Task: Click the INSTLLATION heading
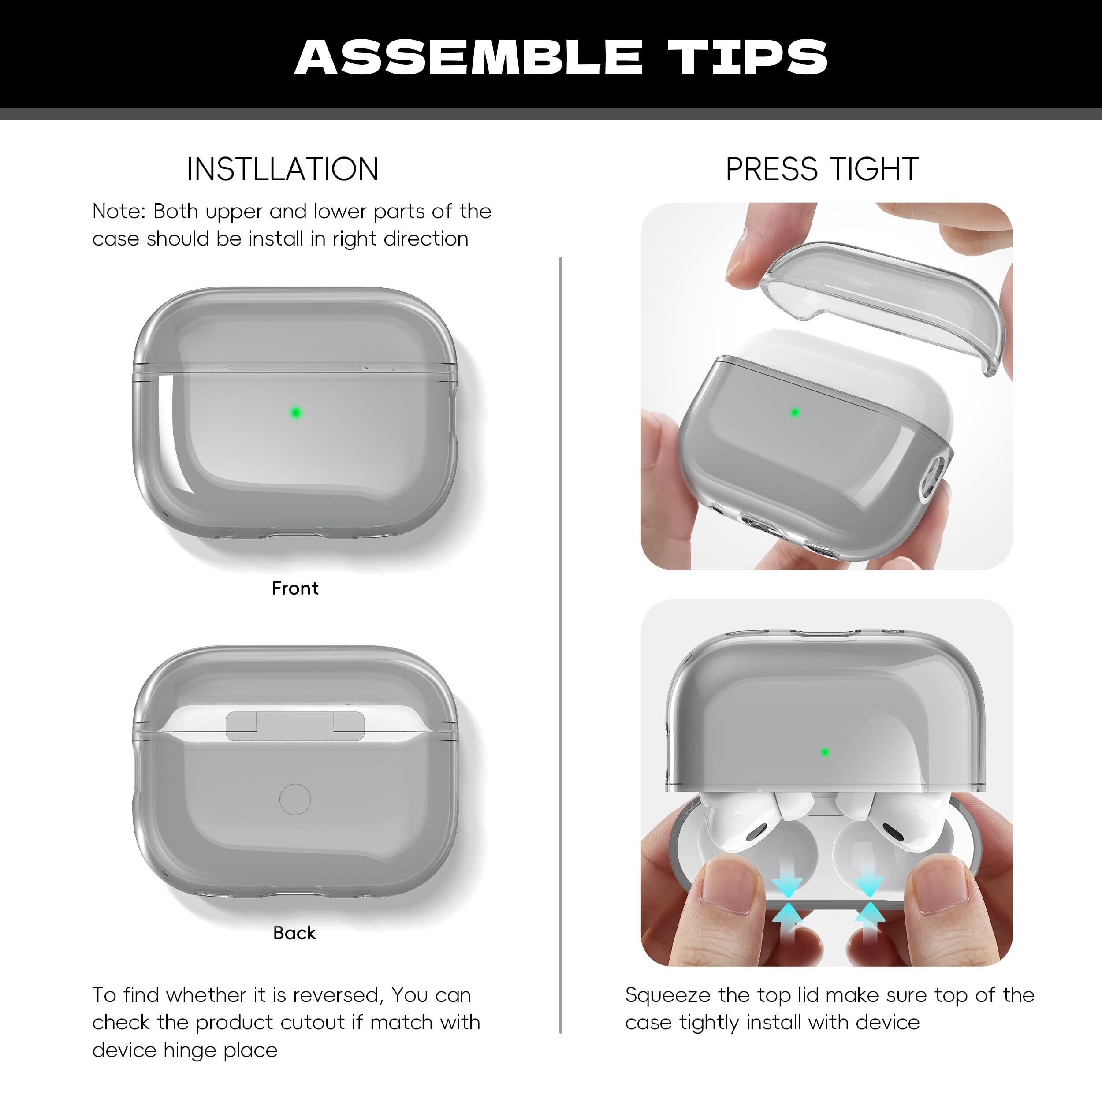pos(283,169)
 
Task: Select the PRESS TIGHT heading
pos(822,169)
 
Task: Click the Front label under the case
pos(295,588)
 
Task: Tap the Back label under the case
pos(294,933)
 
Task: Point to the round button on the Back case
pos(295,799)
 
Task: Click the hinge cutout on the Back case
pos(295,726)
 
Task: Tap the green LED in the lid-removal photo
pos(795,412)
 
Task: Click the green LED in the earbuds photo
pos(825,752)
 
